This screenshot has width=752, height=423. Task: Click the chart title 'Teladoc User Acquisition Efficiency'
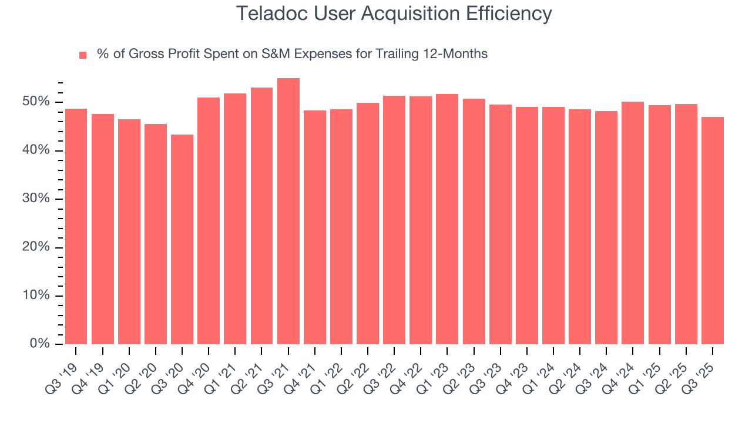394,14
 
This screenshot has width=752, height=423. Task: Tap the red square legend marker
83,55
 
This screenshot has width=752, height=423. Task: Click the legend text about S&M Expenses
292,54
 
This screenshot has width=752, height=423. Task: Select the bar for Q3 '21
288,211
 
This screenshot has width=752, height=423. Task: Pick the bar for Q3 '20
182,239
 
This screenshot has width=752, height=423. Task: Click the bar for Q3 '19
76,226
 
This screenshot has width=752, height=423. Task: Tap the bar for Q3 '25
713,230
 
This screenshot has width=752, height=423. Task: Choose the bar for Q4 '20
209,221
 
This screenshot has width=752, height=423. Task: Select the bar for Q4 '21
315,227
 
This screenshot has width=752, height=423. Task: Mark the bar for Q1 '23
447,219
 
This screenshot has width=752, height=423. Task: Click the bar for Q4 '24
633,223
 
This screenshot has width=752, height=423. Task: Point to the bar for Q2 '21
261,216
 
